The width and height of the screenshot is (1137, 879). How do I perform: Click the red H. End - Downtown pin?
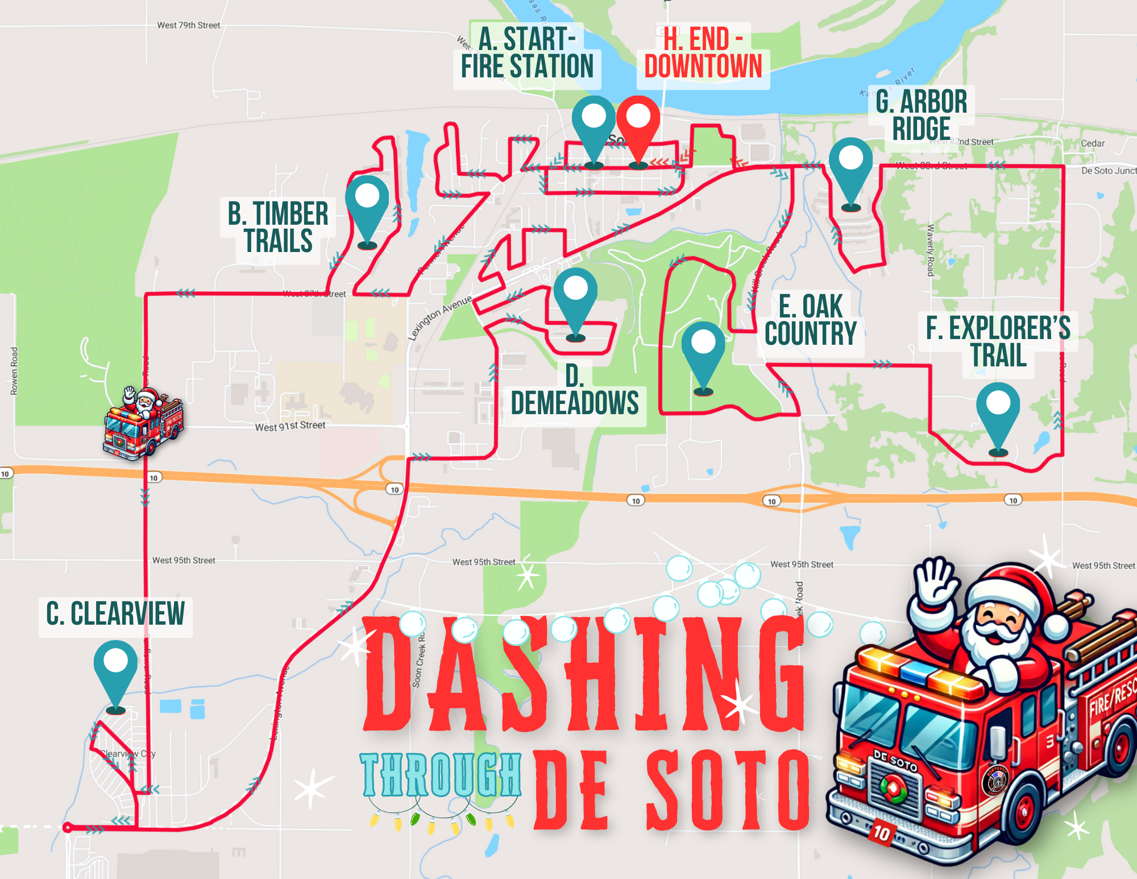click(638, 122)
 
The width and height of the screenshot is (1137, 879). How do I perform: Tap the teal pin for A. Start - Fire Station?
click(594, 122)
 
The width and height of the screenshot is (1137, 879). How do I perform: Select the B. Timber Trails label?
click(278, 227)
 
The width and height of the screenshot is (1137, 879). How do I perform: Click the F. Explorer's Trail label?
click(998, 341)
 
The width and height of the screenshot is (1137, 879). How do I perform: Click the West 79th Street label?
click(188, 25)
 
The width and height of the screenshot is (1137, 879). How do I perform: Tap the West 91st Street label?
click(290, 426)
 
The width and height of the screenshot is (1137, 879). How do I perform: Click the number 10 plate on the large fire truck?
click(881, 833)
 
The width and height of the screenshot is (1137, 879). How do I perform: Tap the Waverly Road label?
click(931, 250)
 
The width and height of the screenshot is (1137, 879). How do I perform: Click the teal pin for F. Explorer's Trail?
click(998, 410)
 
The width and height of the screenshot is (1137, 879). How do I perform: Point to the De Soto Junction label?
click(1108, 170)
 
